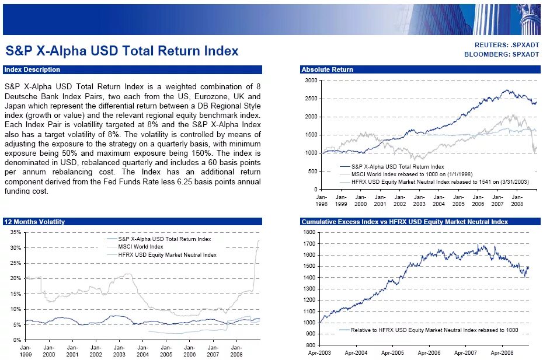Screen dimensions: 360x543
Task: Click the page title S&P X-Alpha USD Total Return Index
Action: click(121, 51)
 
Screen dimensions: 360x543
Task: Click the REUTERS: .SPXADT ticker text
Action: click(506, 45)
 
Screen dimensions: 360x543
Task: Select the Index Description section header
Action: click(32, 69)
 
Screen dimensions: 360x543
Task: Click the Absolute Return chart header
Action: click(327, 69)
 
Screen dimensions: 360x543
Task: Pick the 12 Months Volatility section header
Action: click(34, 222)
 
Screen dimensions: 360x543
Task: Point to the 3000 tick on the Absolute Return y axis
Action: click(312, 81)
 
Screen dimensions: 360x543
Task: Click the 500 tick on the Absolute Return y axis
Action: click(314, 172)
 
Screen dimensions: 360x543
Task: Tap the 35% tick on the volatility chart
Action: click(16, 232)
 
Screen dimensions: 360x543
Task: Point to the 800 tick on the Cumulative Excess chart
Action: click(309, 345)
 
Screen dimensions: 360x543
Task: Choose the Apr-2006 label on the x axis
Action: click(430, 353)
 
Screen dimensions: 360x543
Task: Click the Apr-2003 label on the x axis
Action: click(319, 353)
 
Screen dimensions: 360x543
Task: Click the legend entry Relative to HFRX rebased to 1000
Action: click(434, 330)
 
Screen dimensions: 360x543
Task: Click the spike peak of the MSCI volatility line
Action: click(259, 240)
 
